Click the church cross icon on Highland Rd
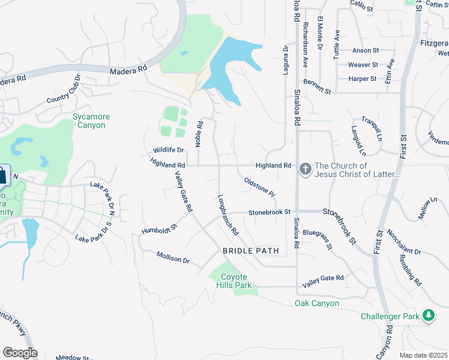(305, 169)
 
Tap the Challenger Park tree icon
(428, 315)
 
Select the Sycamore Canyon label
(89, 121)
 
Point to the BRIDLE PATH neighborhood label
(251, 251)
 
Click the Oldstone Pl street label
(259, 187)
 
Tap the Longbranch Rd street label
(229, 214)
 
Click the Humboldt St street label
(160, 229)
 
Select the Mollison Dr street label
(173, 257)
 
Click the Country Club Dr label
(63, 93)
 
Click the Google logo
(20, 352)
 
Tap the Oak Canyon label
(317, 304)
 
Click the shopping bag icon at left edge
(2, 176)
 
